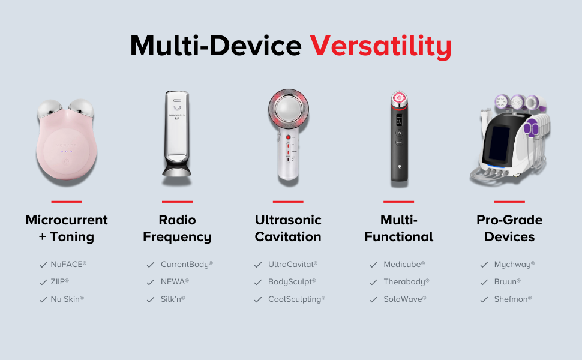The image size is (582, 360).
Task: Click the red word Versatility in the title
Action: pos(380,46)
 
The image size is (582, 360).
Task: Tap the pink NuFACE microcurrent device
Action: pos(66,143)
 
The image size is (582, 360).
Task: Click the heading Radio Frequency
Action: pos(177,228)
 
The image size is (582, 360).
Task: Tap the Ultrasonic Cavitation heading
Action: pos(288,228)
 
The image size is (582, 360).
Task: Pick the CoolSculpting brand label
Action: pos(296,299)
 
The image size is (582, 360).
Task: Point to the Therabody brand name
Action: pos(406,281)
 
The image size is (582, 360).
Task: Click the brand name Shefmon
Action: pos(512,299)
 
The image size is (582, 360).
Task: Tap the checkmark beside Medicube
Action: pos(373,265)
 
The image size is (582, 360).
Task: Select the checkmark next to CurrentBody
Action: pos(151,265)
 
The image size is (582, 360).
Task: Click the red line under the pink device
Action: pos(67,202)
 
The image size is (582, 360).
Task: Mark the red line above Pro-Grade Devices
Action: pos(509,202)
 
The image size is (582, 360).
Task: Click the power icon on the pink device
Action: pos(66,161)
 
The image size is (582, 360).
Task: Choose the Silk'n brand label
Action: pos(173,299)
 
